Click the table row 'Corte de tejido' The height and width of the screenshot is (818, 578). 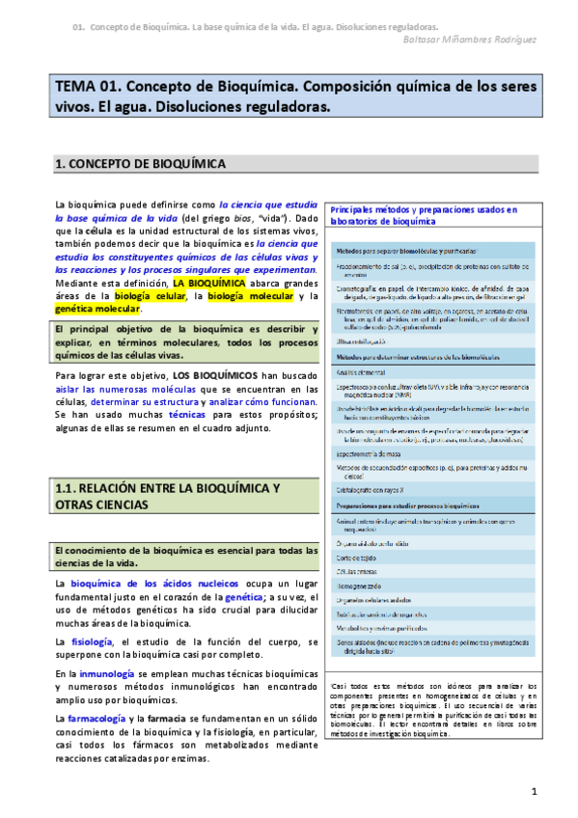(356, 558)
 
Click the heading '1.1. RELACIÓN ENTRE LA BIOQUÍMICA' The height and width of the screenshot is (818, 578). (168, 489)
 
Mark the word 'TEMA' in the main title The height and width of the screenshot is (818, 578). (76, 86)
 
